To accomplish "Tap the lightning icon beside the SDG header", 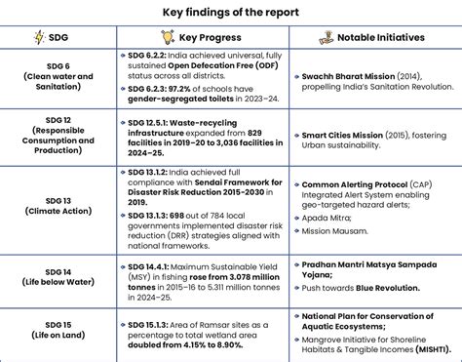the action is coord(40,38).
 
